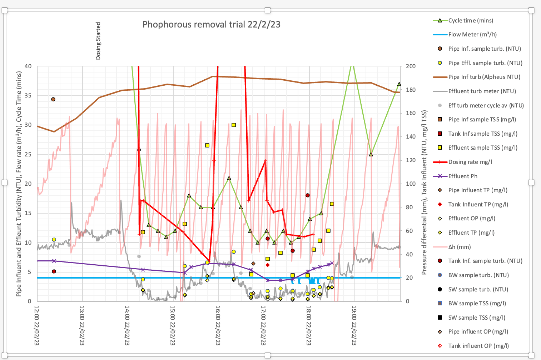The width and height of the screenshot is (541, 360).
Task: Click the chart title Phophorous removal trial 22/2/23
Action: (211, 25)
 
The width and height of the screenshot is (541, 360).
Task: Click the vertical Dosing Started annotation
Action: (98, 41)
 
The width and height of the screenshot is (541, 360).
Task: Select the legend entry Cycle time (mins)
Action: (470, 21)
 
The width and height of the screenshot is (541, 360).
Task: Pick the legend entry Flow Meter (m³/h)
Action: (472, 35)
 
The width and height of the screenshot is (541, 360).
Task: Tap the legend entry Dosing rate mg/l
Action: (470, 162)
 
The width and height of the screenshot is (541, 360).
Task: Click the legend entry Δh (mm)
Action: (459, 247)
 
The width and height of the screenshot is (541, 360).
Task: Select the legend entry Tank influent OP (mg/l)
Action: (478, 346)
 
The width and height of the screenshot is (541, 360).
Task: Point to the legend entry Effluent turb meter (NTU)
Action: (482, 91)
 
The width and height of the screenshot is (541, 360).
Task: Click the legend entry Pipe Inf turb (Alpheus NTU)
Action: (484, 77)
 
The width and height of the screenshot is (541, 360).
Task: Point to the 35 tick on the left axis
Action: (28, 96)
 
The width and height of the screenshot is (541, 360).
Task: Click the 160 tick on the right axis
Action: (411, 113)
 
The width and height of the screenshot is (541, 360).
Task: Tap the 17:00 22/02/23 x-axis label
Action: (263, 325)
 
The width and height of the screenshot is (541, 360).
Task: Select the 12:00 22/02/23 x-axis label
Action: (37, 325)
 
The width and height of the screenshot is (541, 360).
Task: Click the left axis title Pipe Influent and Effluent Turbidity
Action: (19, 184)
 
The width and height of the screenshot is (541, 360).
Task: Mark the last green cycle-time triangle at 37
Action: (399, 84)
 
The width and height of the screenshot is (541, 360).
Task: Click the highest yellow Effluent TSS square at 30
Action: (234, 125)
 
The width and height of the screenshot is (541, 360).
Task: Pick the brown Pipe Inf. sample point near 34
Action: (53, 99)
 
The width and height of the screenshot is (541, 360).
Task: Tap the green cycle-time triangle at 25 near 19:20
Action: (371, 155)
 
